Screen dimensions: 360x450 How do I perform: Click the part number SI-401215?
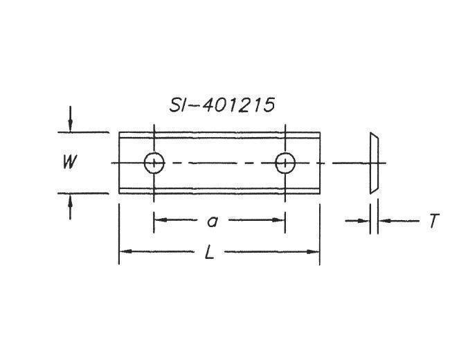pos(222,105)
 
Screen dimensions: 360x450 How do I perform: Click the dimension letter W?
pos(69,163)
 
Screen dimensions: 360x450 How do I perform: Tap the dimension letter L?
pos(209,252)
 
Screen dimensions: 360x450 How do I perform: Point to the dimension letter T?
pos(433,222)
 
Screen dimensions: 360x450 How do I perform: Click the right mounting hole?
pos(285,163)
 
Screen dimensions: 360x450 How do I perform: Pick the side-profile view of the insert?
pos(374,163)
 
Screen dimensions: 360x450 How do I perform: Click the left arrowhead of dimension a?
pos(159,220)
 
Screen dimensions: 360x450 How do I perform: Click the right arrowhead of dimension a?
pos(280,220)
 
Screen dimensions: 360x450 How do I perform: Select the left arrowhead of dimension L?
pos(124,252)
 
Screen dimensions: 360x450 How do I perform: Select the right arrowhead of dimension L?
pos(315,252)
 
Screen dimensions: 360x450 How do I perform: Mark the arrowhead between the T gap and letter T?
pos(384,221)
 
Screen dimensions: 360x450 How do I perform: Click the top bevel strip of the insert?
pos(219,136)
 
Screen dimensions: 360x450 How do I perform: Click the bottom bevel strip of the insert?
pos(219,191)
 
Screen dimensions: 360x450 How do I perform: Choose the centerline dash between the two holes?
pos(219,163)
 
